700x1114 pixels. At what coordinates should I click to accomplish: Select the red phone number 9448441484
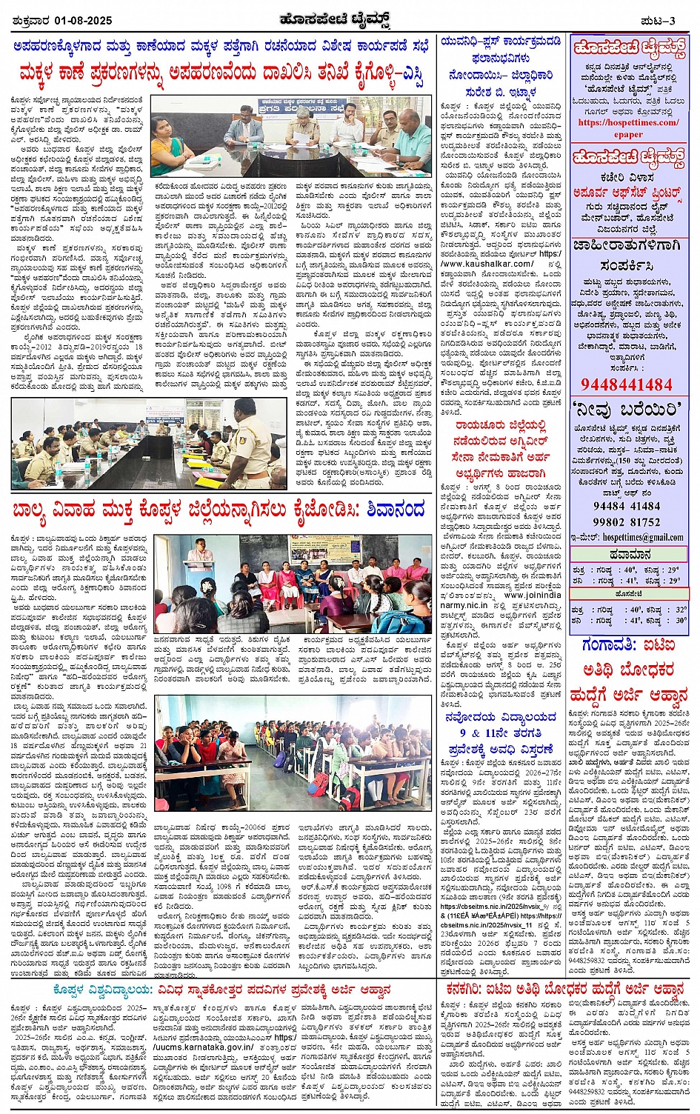pos(627,384)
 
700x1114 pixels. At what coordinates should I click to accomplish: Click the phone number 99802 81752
pos(627,521)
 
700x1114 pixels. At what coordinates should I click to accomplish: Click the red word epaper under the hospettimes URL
pos(627,135)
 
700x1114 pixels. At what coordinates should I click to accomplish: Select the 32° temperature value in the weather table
pos(680,610)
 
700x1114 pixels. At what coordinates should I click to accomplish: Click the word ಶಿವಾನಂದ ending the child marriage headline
pos(393,510)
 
